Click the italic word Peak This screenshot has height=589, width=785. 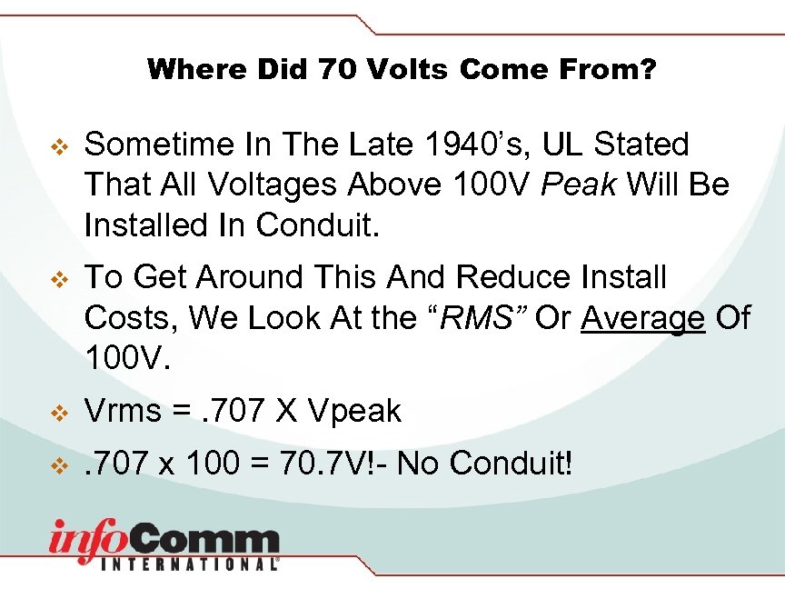(577, 185)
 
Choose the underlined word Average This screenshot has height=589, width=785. (643, 318)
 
